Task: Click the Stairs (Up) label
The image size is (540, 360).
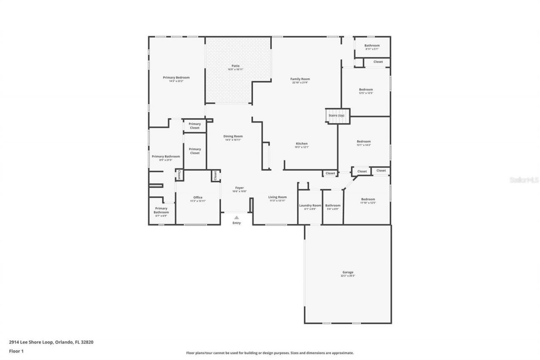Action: [337, 116]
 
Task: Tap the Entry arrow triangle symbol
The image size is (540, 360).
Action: [237, 218]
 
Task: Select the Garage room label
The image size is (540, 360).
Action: [348, 272]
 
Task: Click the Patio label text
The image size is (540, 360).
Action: [235, 66]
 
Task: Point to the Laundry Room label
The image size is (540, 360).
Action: [310, 206]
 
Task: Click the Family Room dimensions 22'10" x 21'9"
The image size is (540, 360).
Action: [300, 83]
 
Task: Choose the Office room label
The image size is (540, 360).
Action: [198, 198]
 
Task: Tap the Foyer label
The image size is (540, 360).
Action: [239, 188]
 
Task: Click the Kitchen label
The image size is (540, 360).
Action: [302, 143]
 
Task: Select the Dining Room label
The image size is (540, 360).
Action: [233, 136]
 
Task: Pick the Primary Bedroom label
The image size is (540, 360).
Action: [176, 77]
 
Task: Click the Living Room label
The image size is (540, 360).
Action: [278, 197]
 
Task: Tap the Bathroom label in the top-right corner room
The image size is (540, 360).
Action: [372, 46]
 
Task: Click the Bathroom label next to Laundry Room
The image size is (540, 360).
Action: [332, 206]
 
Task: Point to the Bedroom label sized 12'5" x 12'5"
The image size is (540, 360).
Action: [366, 89]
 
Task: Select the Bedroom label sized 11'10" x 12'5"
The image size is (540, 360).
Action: [368, 199]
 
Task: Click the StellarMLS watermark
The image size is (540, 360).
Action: [524, 180]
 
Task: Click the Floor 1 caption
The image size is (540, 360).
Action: [16, 351]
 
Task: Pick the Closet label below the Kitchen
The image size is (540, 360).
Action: [330, 173]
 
